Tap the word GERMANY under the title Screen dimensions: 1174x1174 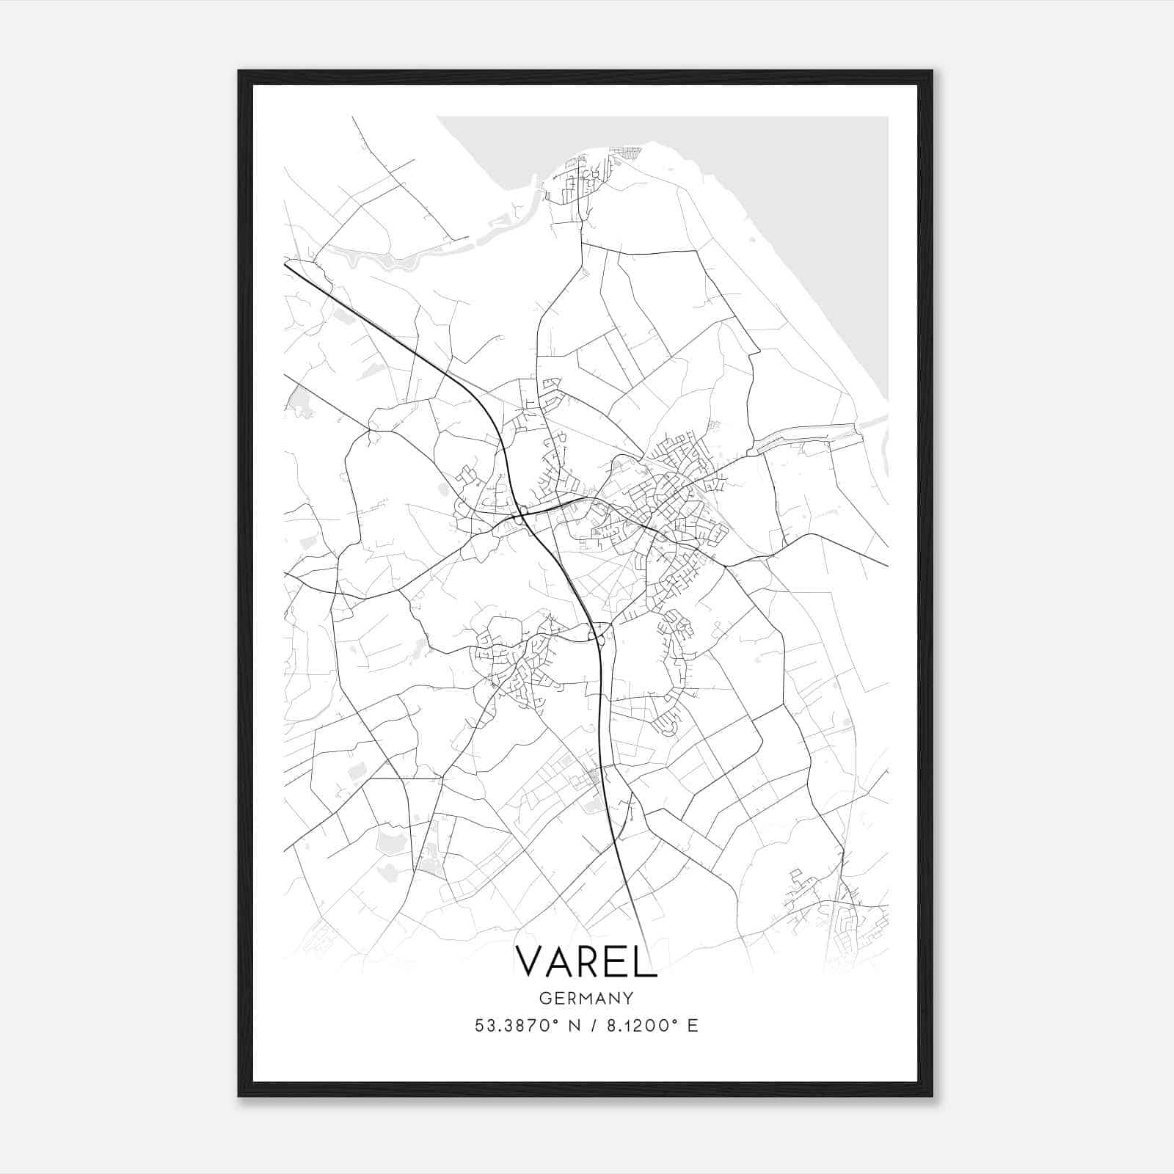pos(586,998)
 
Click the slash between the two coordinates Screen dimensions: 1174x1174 pos(592,1025)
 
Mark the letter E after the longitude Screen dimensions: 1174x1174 pos(693,1025)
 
